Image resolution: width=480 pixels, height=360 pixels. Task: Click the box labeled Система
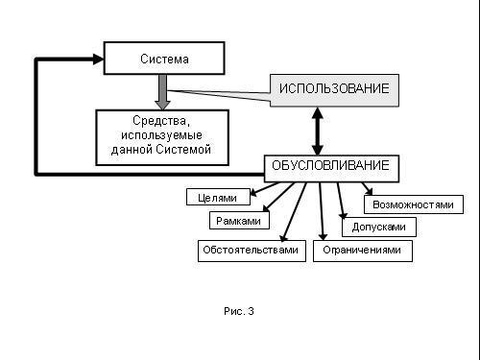coord(163,59)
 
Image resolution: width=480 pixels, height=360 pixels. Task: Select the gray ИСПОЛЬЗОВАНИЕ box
coord(334,89)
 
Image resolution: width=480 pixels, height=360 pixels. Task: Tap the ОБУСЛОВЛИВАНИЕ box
coord(331,167)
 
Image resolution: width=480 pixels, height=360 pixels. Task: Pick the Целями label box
coord(217,198)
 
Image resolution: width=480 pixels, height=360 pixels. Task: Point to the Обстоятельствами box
coord(250,252)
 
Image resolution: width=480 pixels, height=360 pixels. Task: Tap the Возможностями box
coord(412,204)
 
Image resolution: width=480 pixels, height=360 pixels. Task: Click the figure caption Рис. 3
coord(239,311)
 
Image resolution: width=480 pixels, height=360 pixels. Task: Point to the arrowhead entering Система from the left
coord(96,60)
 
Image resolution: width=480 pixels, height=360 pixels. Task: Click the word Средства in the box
coord(162,122)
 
